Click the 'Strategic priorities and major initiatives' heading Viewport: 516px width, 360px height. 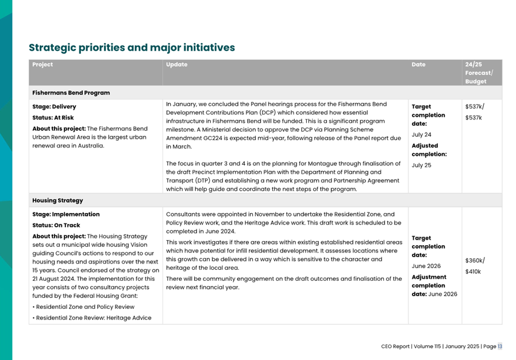(x=132, y=48)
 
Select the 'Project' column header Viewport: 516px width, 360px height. (x=43, y=65)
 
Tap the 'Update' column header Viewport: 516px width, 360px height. (x=176, y=65)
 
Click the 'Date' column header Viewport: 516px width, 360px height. (x=418, y=65)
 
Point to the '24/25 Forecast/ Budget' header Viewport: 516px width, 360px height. (x=479, y=73)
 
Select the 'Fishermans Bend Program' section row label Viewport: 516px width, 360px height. (x=71, y=92)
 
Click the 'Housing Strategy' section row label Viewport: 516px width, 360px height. (x=57, y=200)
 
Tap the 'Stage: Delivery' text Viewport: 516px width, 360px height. (x=54, y=107)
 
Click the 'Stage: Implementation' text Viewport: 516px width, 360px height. (x=66, y=214)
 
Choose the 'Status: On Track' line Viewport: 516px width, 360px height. (x=56, y=225)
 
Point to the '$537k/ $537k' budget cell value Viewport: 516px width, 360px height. (x=475, y=112)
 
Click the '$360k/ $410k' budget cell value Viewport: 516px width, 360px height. (x=475, y=266)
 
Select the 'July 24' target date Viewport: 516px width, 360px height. (x=421, y=134)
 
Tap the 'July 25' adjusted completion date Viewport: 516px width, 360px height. (x=421, y=165)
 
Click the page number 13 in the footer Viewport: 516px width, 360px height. (x=500, y=346)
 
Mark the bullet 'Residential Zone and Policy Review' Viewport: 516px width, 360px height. (x=84, y=307)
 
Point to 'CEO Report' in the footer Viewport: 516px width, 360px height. (x=395, y=346)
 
